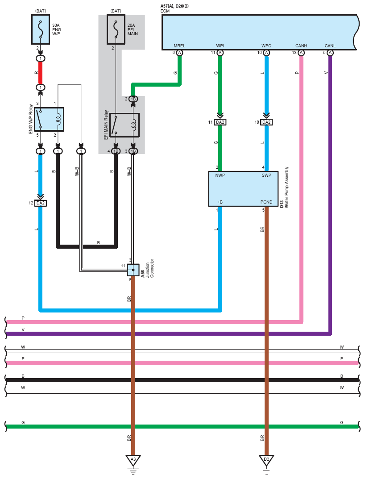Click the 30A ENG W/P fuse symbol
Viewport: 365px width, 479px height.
pyautogui.click(x=41, y=29)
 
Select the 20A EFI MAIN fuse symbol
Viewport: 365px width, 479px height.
pyautogui.click(x=116, y=29)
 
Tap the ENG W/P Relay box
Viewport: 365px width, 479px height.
pyautogui.click(x=49, y=119)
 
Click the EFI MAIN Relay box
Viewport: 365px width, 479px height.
pyautogui.click(x=124, y=125)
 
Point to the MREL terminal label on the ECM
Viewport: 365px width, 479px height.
pyautogui.click(x=179, y=46)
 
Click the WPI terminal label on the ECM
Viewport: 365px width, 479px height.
pyautogui.click(x=220, y=46)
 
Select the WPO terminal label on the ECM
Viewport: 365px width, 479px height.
pyautogui.click(x=266, y=46)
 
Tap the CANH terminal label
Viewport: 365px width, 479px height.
pyautogui.click(x=301, y=46)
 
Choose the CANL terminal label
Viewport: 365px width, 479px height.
pyautogui.click(x=330, y=46)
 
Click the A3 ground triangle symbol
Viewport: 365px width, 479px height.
pyautogui.click(x=133, y=460)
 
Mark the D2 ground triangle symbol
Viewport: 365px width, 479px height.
pyautogui.click(x=266, y=460)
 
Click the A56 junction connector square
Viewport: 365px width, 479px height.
pyautogui.click(x=133, y=270)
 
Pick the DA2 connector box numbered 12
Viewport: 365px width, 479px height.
pyautogui.click(x=40, y=203)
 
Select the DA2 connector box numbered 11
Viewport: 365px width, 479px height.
pyautogui.click(x=220, y=122)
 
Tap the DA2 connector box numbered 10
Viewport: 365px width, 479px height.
pyautogui.click(x=266, y=122)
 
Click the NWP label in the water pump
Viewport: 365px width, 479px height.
pyautogui.click(x=220, y=175)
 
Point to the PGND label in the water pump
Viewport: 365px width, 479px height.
pyautogui.click(x=266, y=202)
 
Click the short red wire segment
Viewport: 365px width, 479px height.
pyautogui.click(x=40, y=73)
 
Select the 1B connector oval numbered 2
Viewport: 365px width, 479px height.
pyautogui.click(x=133, y=99)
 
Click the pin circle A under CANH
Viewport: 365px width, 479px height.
pyautogui.click(x=301, y=53)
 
